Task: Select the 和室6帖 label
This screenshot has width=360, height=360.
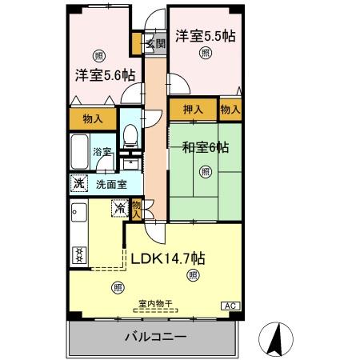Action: tap(206, 147)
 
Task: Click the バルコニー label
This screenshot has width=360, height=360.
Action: tap(155, 338)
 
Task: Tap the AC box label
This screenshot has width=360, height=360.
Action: tap(230, 306)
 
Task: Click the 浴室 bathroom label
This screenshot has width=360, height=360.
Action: tap(102, 151)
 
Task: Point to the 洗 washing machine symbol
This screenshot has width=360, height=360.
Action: tap(79, 182)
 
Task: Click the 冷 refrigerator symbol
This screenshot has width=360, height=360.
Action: tap(119, 208)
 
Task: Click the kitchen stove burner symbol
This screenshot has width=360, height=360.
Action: tap(79, 254)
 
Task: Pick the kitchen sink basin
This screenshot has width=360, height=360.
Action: tap(78, 214)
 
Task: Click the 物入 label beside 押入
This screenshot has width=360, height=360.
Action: tap(230, 110)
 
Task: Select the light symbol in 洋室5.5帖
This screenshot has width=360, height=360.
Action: tap(206, 53)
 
